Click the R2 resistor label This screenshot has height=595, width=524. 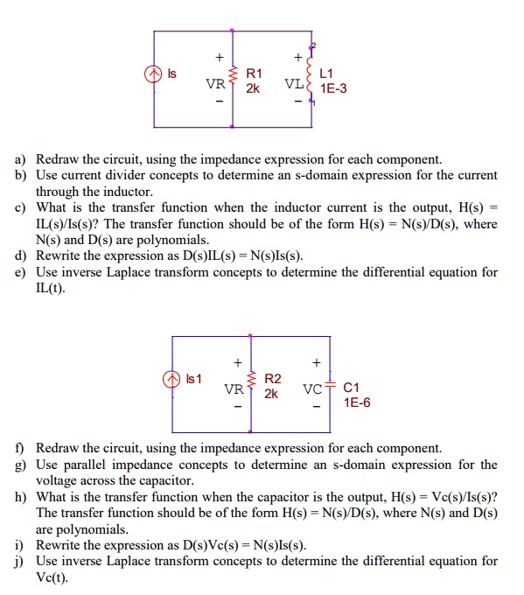pos(273,379)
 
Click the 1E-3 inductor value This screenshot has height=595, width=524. pos(333,88)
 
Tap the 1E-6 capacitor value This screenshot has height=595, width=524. pos(357,402)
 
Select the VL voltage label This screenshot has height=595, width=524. pos(294,86)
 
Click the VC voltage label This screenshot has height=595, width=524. pos(313,391)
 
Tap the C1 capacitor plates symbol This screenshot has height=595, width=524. pos(332,387)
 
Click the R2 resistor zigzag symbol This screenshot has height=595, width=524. pos(252,386)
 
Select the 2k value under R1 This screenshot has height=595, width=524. pos(252,88)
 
